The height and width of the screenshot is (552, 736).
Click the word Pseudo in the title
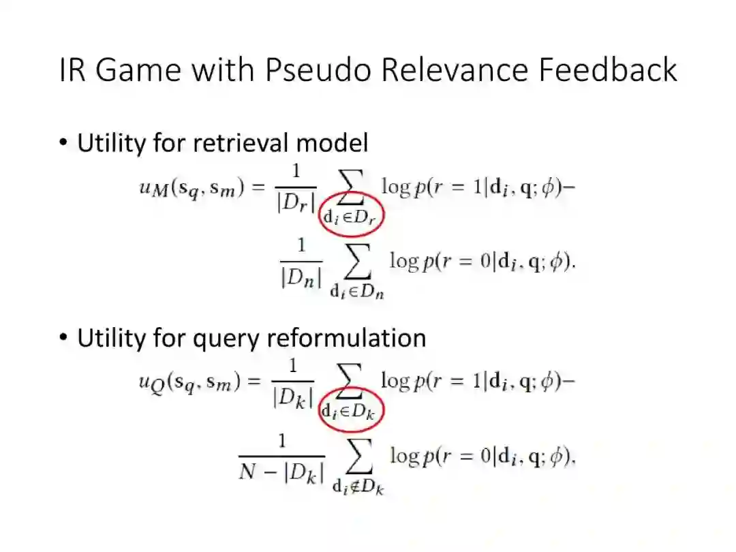point(318,70)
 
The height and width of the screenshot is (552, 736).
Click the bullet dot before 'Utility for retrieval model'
point(63,144)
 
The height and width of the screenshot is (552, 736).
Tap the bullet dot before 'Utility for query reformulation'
point(63,338)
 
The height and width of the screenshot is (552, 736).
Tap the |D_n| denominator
point(300,278)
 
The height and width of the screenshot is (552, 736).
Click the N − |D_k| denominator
point(281,472)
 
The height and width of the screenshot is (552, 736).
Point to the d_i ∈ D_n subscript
point(357,291)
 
